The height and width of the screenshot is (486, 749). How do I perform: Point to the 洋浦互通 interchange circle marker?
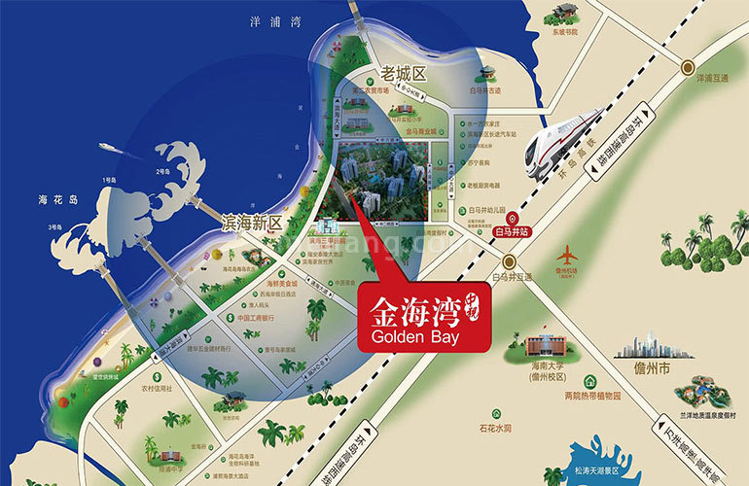[688, 67]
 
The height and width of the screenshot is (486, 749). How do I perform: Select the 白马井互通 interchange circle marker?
[508, 262]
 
